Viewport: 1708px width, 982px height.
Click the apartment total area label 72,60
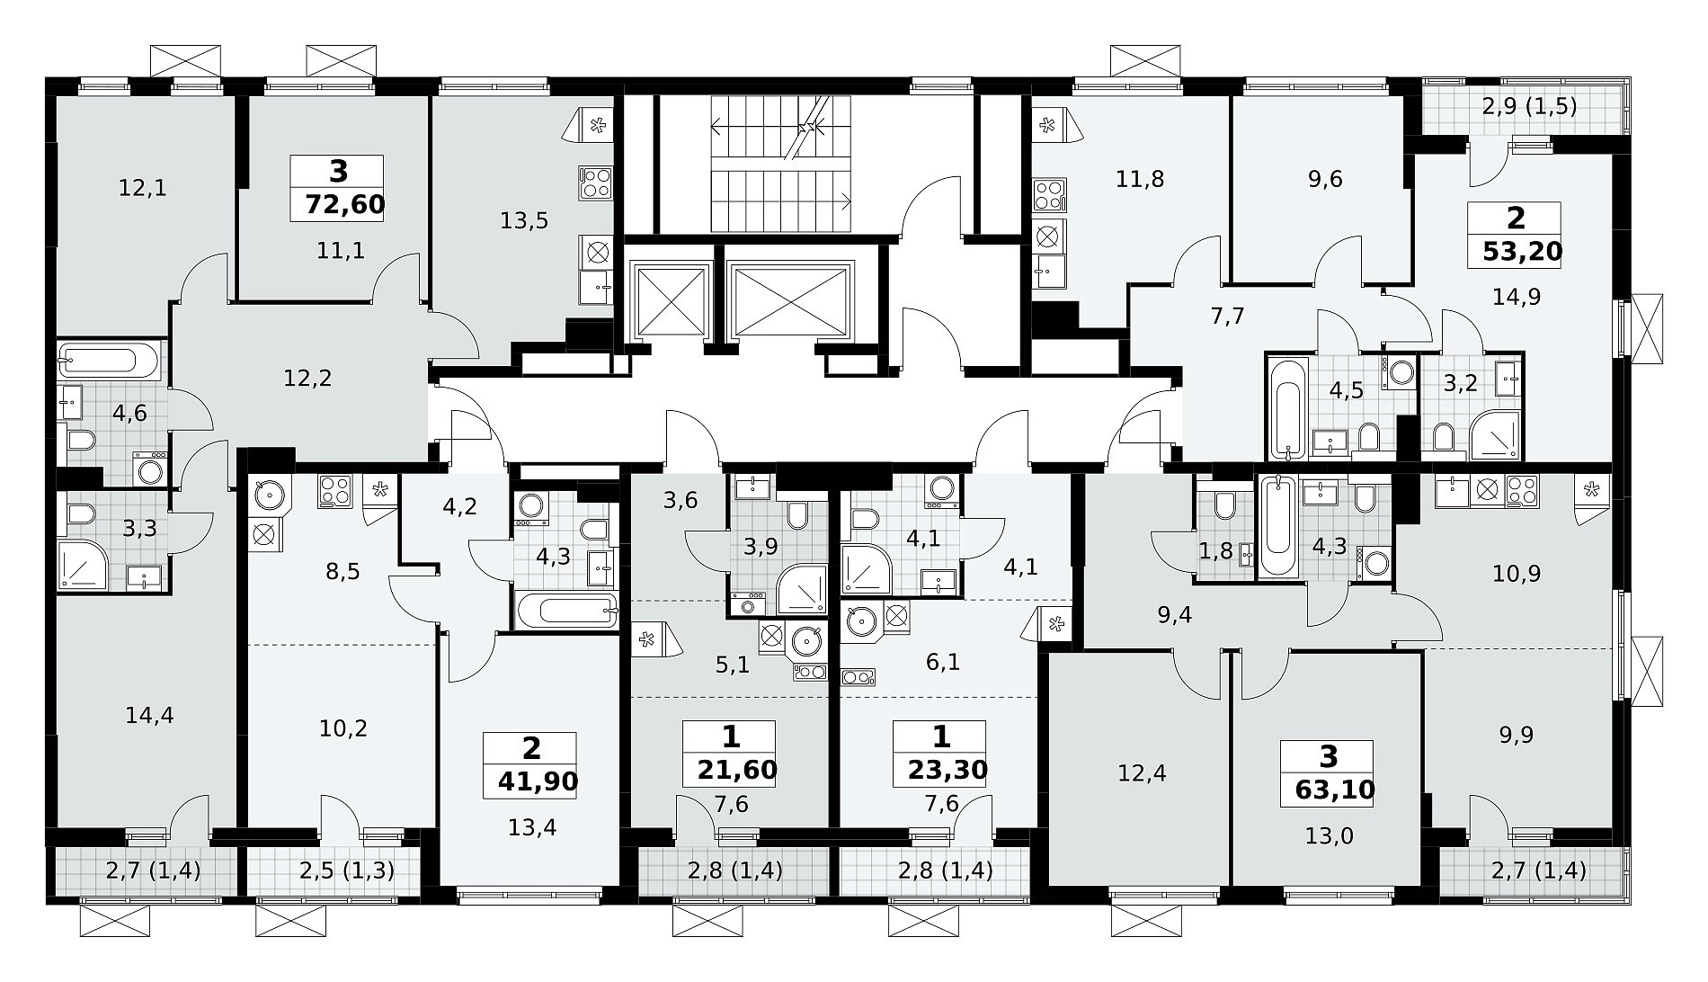tap(345, 205)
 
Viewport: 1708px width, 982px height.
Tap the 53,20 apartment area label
tap(1522, 251)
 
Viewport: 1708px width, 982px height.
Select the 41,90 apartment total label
tap(538, 781)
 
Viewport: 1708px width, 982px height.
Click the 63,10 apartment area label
tap(1335, 790)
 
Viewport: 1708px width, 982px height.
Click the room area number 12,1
tap(143, 188)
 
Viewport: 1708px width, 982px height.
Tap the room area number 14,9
tap(1517, 296)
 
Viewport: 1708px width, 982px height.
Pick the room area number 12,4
tap(1142, 772)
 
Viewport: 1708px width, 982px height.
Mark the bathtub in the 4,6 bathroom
tap(108, 362)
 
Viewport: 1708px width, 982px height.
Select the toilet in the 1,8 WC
tap(1225, 505)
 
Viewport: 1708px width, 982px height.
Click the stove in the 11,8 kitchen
tap(1050, 194)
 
